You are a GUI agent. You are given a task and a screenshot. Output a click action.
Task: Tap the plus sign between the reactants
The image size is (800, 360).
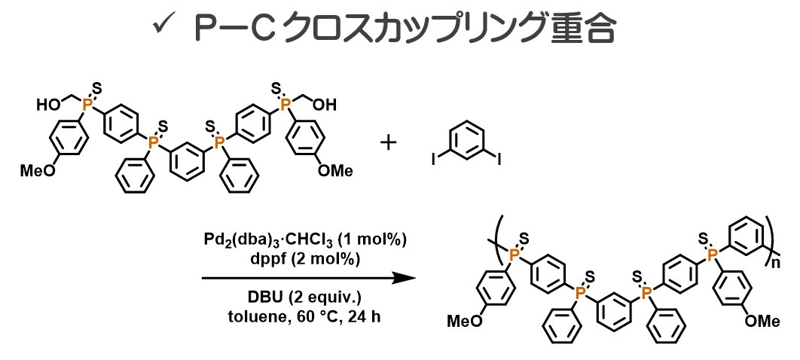(389, 141)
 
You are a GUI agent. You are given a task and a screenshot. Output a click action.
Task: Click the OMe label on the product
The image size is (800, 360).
(762, 322)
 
